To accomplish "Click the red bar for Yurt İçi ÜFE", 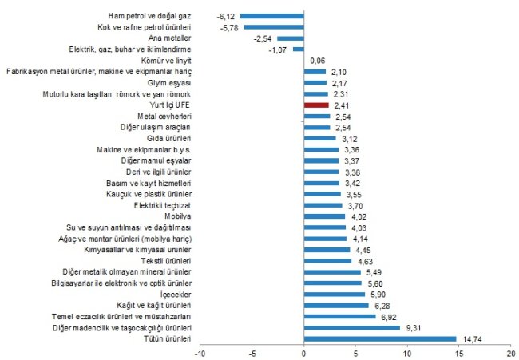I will tap(316, 105).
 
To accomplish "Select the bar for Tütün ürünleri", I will tap(380, 338).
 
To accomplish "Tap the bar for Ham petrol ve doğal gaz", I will tap(272, 15).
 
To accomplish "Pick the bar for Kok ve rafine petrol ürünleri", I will tap(274, 26).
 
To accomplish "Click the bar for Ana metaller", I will tap(291, 38).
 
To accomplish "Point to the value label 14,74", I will tap(470, 338).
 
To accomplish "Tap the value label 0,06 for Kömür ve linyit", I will tap(317, 60).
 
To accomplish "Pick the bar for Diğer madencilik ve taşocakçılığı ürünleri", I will tap(352, 327).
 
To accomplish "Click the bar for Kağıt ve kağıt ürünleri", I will tap(336, 305).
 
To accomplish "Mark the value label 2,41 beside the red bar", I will tap(341, 105).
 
